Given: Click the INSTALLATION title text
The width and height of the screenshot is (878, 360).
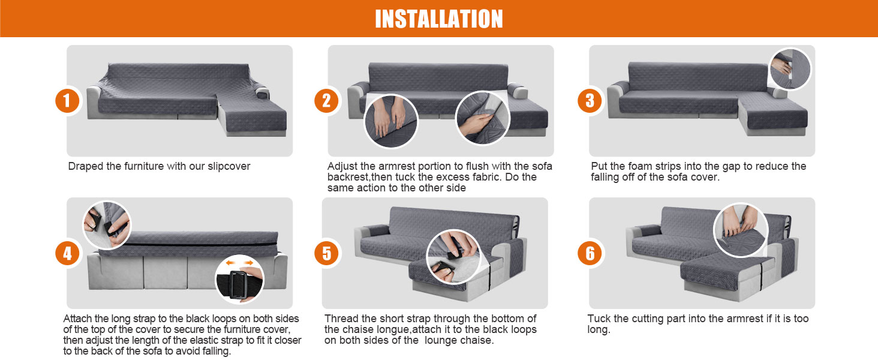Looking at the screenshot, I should pyautogui.click(x=439, y=19).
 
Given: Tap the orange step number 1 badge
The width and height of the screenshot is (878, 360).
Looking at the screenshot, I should pyautogui.click(x=67, y=101).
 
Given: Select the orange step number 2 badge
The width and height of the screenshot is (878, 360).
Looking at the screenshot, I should pyautogui.click(x=326, y=101).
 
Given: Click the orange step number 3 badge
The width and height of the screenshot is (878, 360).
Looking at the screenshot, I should pyautogui.click(x=590, y=101).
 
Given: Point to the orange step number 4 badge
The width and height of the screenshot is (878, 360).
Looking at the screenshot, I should pyautogui.click(x=67, y=253).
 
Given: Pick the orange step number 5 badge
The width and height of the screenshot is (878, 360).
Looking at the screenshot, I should pyautogui.click(x=326, y=253).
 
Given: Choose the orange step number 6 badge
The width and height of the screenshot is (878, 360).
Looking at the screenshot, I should pyautogui.click(x=590, y=253).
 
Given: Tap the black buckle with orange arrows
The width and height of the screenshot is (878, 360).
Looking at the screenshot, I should pyautogui.click(x=239, y=280).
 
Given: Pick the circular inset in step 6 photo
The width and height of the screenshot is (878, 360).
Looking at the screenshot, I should pyautogui.click(x=741, y=230).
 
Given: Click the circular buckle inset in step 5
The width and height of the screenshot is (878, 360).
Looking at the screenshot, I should pyautogui.click(x=453, y=256).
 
